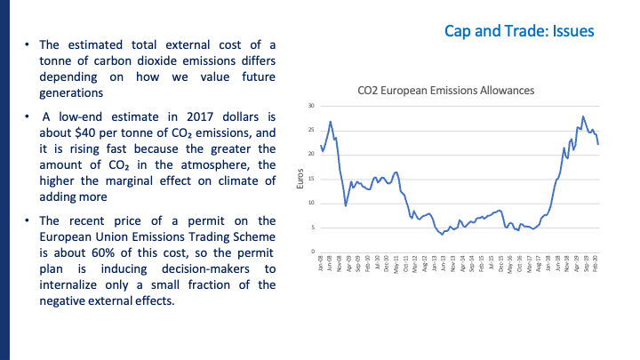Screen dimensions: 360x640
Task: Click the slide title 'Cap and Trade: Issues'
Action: (519, 31)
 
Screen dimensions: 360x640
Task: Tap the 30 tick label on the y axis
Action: (310, 106)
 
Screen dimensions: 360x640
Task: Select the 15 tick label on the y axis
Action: (310, 179)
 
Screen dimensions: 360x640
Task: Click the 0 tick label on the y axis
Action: (312, 252)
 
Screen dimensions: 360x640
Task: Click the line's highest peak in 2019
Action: (583, 116)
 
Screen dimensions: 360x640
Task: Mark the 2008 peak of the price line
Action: (331, 122)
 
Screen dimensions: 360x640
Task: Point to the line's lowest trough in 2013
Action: (442, 234)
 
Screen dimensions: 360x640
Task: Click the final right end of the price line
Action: (598, 144)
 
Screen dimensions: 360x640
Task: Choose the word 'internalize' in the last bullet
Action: (72, 285)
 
